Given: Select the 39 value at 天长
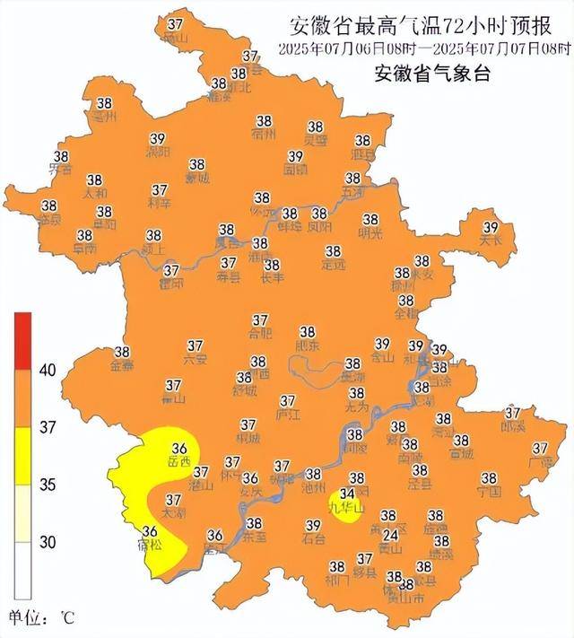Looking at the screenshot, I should tap(491, 227).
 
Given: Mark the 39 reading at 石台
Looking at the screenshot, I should tap(313, 526).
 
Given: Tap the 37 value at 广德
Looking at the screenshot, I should tap(540, 449).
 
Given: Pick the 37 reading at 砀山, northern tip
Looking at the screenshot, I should tap(176, 22).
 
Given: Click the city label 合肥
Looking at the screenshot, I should tap(260, 333).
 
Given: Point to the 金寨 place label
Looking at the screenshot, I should tap(122, 365).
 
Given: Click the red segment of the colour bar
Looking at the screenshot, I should tap(22, 340).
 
